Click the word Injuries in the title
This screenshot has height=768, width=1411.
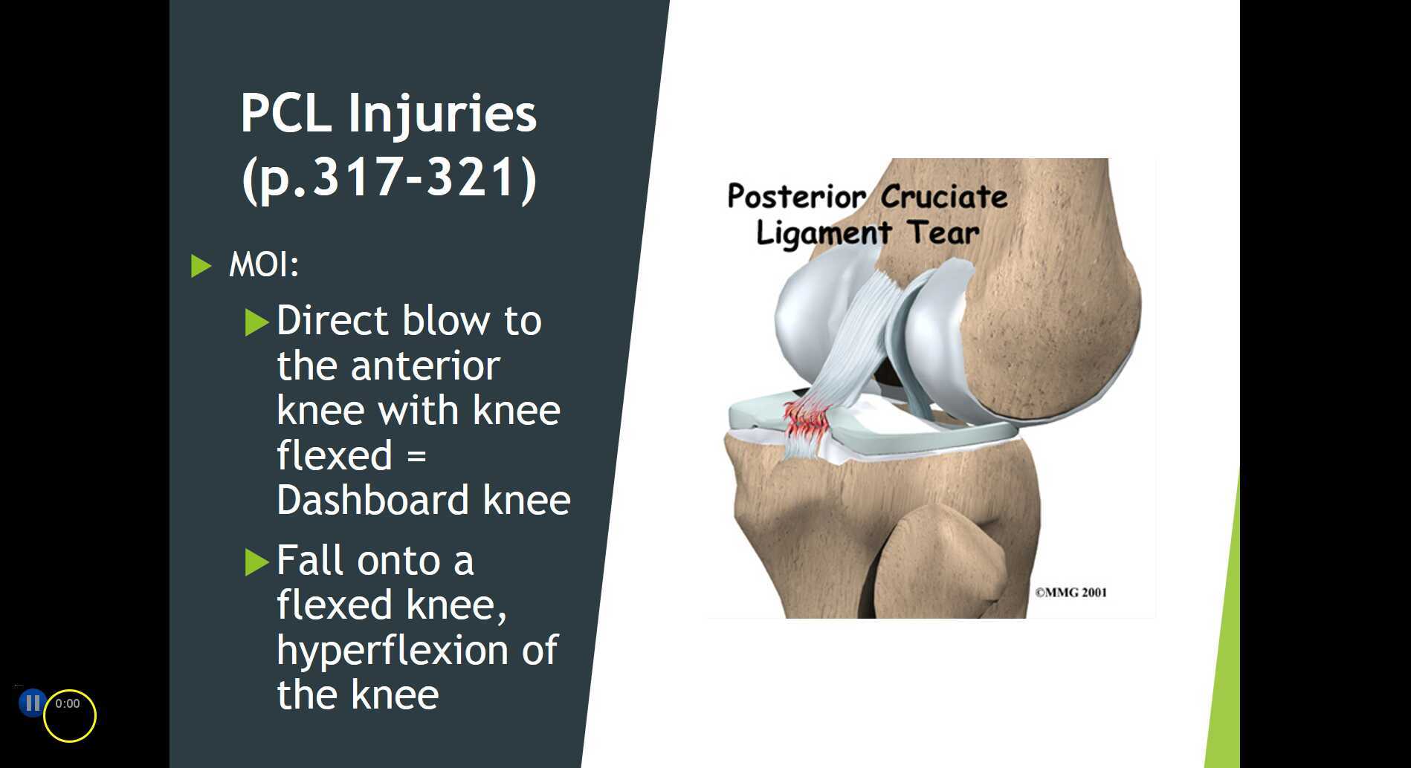pos(442,114)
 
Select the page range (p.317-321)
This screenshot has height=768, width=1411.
pos(388,178)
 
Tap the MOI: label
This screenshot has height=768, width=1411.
pos(264,264)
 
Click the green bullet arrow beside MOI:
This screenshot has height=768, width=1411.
pos(201,265)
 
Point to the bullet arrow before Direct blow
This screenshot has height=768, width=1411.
pos(256,322)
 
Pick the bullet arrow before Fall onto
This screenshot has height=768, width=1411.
pos(256,562)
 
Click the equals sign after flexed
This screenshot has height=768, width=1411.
pos(416,455)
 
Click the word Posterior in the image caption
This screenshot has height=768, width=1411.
pos(796,197)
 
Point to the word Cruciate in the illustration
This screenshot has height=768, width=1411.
pos(944,197)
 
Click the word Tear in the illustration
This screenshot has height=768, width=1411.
pos(943,232)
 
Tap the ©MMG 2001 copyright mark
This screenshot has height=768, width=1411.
pos(1071,592)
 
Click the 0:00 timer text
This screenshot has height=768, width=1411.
pos(67,703)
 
